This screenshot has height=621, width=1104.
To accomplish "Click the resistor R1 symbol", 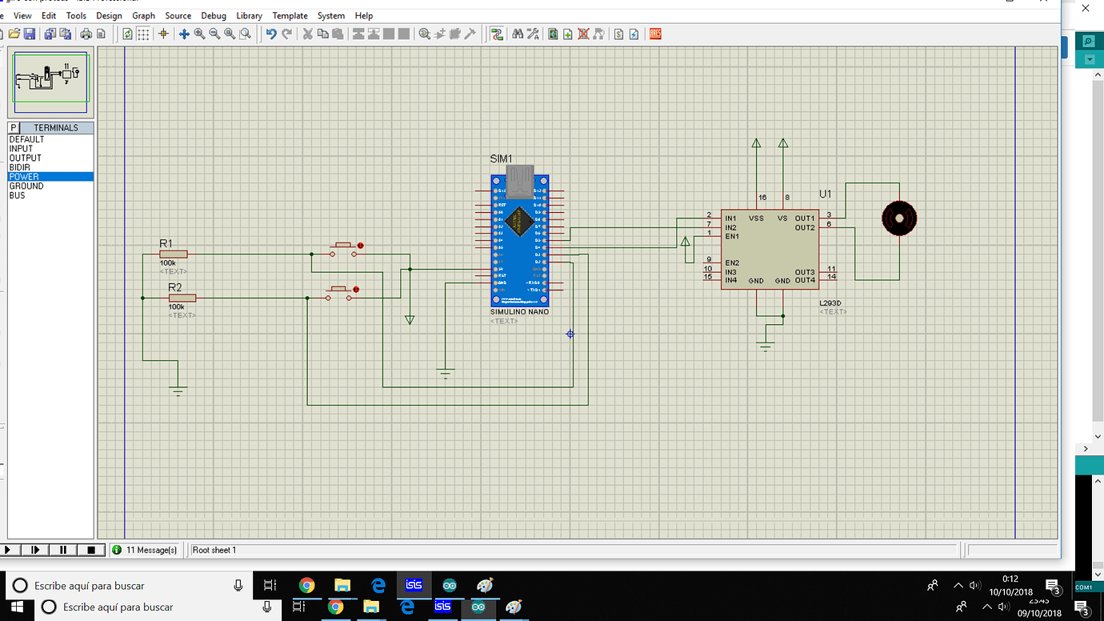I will tap(173, 254).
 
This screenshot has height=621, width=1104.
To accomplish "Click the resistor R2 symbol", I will tap(182, 298).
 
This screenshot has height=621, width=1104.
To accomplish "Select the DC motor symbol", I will tap(898, 218).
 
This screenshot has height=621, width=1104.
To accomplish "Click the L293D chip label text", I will tap(831, 303).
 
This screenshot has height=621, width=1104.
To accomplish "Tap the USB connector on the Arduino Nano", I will tap(520, 181).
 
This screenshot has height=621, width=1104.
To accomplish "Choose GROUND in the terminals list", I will tap(26, 186).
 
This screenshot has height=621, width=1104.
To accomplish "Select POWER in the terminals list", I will tap(24, 177).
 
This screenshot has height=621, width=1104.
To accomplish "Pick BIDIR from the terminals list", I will tap(20, 167).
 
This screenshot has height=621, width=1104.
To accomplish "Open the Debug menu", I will tap(214, 15).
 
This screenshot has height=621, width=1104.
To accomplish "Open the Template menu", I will tap(290, 15).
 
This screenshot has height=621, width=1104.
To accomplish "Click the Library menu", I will tap(249, 15).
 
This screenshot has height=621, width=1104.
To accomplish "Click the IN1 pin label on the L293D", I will tap(730, 218).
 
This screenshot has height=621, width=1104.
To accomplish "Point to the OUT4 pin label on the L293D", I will tap(805, 281).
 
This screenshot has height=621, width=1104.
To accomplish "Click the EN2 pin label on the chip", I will tap(731, 263).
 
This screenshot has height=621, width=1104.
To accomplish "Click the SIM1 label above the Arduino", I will tap(501, 159).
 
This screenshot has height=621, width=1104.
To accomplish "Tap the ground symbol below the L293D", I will tap(766, 345).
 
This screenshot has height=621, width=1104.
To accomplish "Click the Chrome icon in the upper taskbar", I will tap(306, 586).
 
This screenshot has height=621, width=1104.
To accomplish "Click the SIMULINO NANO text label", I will tap(519, 311).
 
